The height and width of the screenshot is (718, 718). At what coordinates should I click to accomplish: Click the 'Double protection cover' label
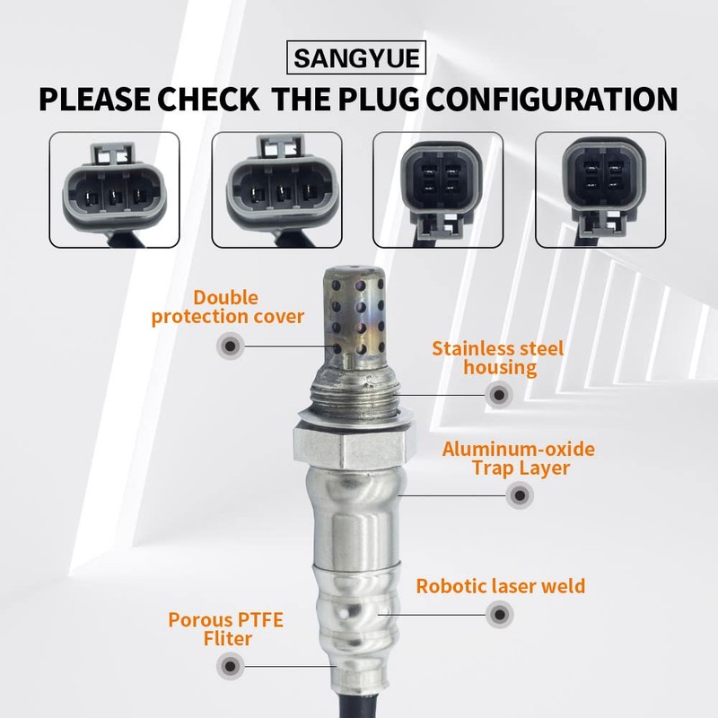228,307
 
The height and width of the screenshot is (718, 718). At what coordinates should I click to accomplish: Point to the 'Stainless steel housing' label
498,357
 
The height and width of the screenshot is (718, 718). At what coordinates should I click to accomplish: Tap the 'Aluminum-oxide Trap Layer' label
519,458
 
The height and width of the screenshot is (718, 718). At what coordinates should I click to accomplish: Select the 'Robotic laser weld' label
500,586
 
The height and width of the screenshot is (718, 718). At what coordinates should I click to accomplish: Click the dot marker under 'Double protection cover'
231,345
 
